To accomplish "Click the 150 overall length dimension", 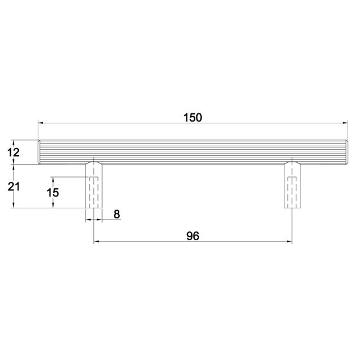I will point(192,117).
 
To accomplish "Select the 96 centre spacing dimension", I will point(192,235).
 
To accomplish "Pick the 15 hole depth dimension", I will point(53,192).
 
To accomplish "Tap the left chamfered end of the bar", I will point(40,152).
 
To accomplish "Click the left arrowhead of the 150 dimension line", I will point(41,123).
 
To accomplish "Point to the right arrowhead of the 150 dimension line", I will point(345,123).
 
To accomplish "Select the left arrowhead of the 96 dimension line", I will point(97,242).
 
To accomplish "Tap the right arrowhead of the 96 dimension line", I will point(290,242).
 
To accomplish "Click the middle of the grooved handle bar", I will point(192,152).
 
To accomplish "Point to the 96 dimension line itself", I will point(148,242).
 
